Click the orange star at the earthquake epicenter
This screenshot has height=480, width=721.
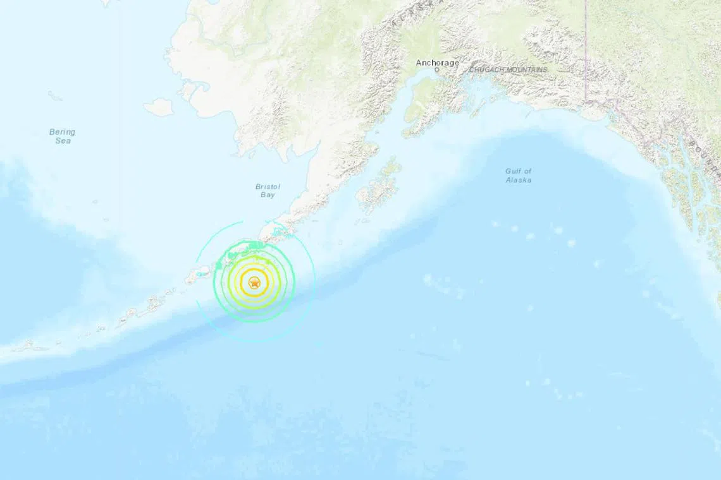click(x=254, y=284)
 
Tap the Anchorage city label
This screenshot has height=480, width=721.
click(x=438, y=63)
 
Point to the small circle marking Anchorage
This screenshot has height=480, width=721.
click(x=436, y=70)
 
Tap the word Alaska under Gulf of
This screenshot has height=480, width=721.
click(x=519, y=180)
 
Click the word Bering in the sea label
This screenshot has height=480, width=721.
click(x=62, y=132)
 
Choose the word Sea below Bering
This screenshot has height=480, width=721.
click(x=62, y=141)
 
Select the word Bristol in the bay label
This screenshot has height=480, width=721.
click(x=268, y=186)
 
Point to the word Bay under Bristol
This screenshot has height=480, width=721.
click(x=268, y=195)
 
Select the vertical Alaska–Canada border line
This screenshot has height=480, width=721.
click(x=586, y=51)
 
